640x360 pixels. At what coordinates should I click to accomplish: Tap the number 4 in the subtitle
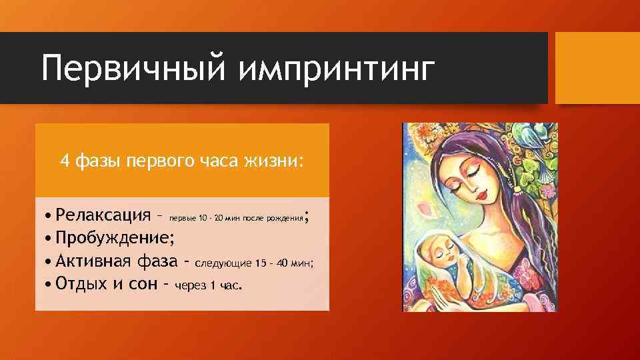(x=64, y=161)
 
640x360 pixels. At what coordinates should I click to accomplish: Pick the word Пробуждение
(x=115, y=238)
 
